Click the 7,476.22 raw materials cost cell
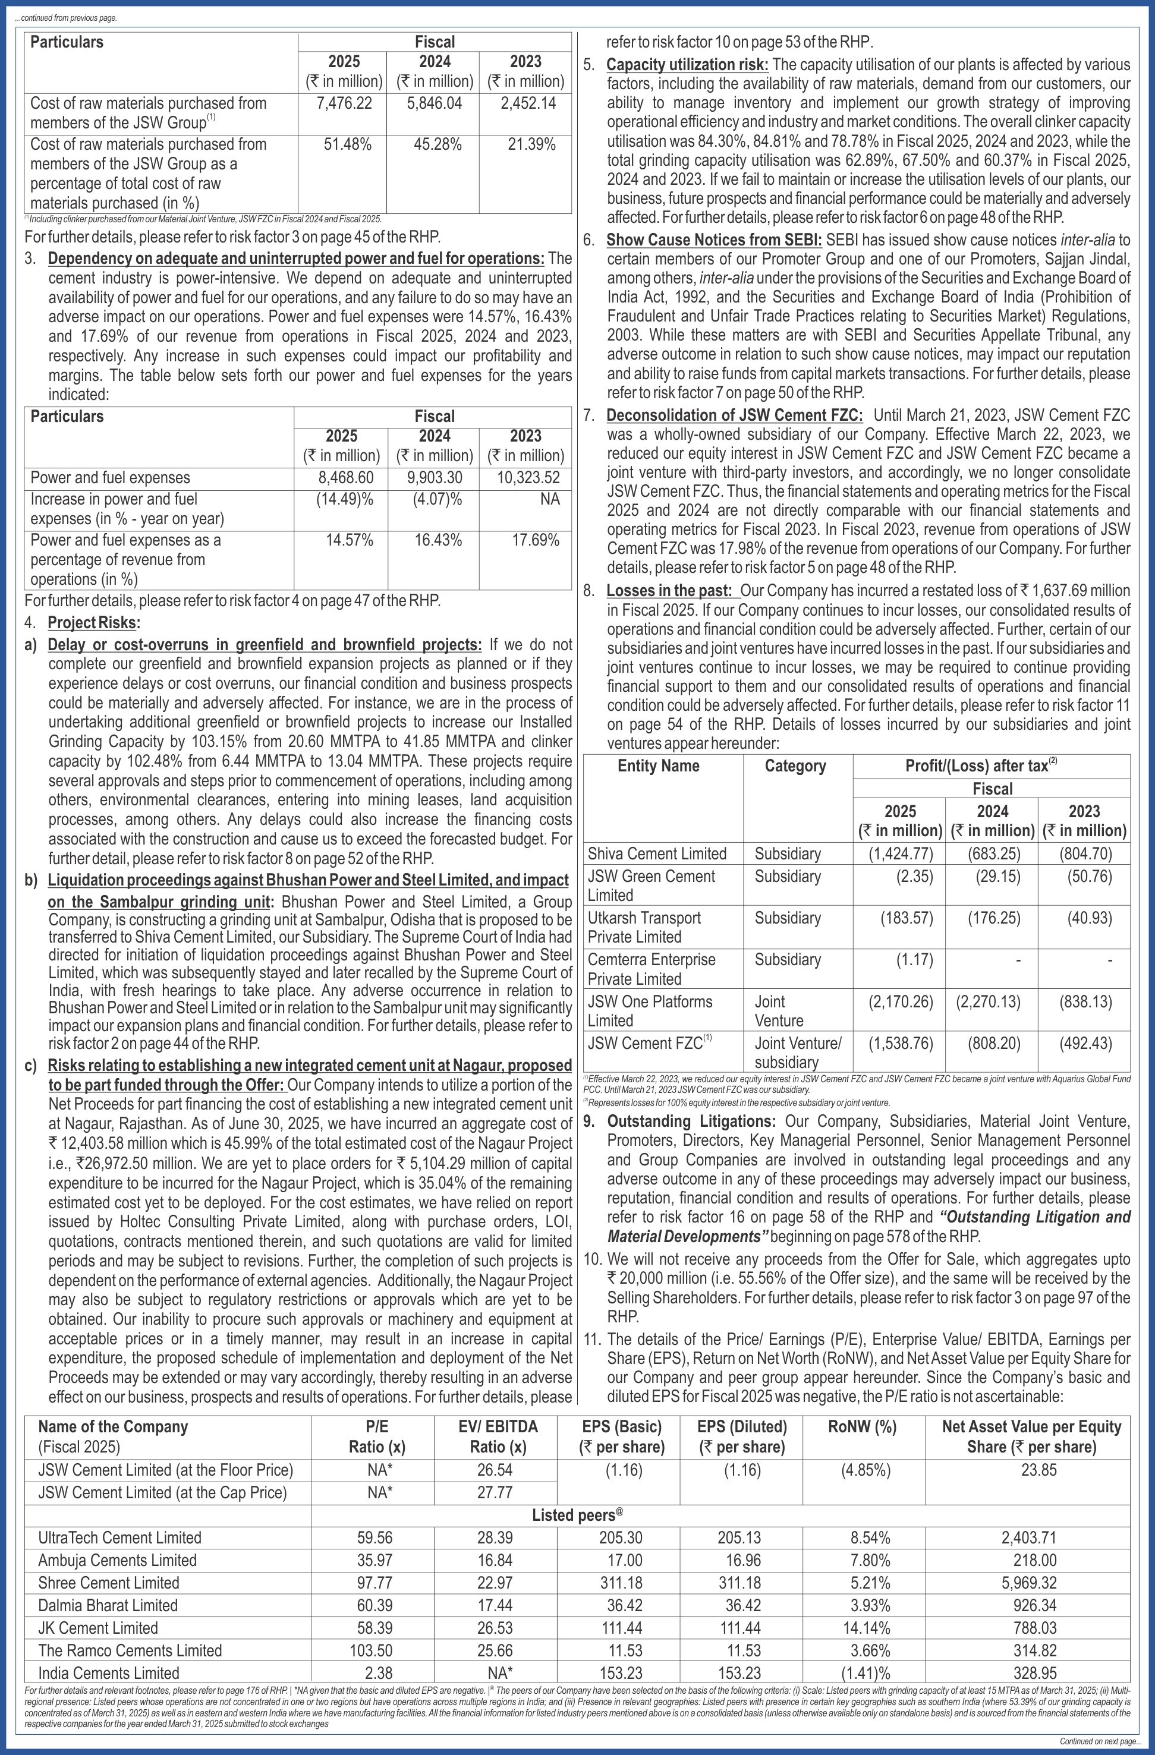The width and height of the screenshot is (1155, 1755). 344,103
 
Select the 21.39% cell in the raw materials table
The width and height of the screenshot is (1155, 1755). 531,144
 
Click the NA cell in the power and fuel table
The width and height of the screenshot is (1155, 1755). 549,499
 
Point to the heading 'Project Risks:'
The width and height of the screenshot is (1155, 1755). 94,622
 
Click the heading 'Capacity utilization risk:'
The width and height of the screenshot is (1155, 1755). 687,65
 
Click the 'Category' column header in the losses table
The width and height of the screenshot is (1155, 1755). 795,765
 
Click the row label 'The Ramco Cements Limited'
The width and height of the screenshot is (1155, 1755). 130,1650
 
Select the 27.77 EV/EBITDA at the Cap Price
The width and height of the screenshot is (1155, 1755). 494,1492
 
